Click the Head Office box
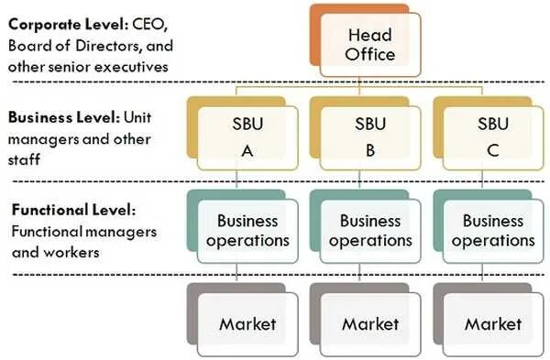point(370,44)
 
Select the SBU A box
point(247,136)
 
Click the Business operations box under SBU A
point(247,231)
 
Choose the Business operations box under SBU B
point(370,231)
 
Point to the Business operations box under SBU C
point(493,231)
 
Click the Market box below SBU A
point(247,323)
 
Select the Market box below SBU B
point(370,323)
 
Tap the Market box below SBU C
point(493,323)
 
